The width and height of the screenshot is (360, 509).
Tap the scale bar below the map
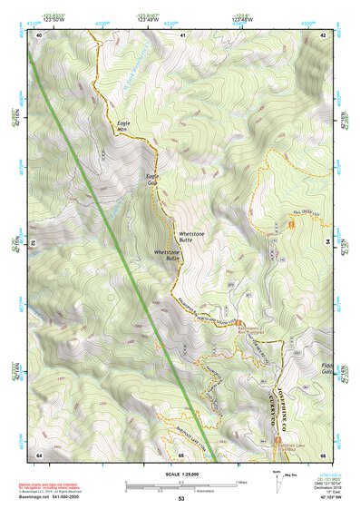pyautogui.click(x=181, y=486)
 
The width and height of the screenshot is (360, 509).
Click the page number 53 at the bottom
pyautogui.click(x=181, y=500)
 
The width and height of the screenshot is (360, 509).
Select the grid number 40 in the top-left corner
pyautogui.click(x=39, y=34)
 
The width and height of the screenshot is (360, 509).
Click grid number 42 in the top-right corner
pyautogui.click(x=323, y=34)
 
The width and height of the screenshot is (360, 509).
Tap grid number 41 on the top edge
pyautogui.click(x=182, y=34)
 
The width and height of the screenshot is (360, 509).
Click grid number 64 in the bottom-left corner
pyautogui.click(x=39, y=454)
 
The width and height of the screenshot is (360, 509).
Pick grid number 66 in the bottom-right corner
pyautogui.click(x=323, y=454)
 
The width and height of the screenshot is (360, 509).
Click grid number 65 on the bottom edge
pyautogui.click(x=181, y=454)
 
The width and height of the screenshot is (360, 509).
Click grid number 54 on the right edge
pyautogui.click(x=328, y=244)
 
